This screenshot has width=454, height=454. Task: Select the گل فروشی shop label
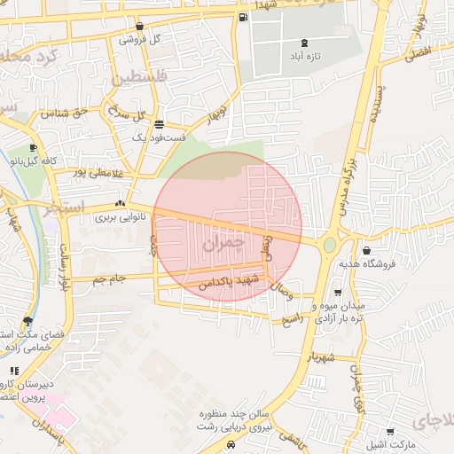click(x=141, y=39)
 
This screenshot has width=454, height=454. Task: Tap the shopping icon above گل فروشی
click(x=141, y=26)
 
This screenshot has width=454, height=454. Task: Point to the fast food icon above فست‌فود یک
click(x=158, y=124)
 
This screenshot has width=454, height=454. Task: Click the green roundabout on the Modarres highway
click(x=329, y=244)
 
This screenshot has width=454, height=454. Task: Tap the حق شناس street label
click(x=70, y=113)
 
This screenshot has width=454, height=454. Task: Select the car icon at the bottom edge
click(x=231, y=446)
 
